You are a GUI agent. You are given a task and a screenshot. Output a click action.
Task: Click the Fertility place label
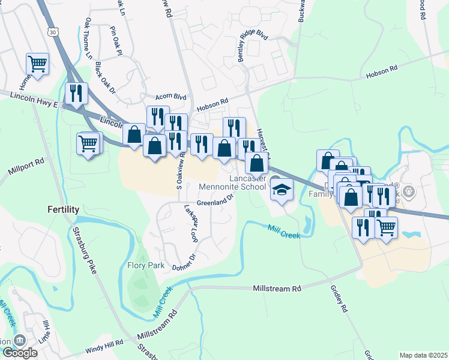pyautogui.click(x=64, y=209)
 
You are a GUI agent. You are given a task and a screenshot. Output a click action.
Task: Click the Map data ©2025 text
pyautogui.click(x=424, y=355)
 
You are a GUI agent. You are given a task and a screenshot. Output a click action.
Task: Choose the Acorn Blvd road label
pyautogui.click(x=171, y=96)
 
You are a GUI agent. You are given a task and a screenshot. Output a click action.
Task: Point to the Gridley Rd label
pyautogui.click(x=339, y=298)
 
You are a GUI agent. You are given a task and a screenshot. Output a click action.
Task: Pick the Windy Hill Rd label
pyautogui.click(x=104, y=343)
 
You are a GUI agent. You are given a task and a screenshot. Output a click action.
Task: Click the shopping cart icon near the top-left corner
pyautogui.click(x=37, y=64)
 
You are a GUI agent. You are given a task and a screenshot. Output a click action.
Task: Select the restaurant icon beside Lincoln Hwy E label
pyautogui.click(x=76, y=93)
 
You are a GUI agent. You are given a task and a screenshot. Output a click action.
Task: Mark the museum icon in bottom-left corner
pyautogui.click(x=19, y=340)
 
